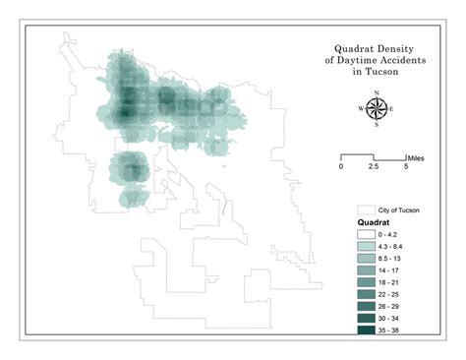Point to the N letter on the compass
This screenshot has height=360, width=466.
pyautogui.click(x=376, y=92)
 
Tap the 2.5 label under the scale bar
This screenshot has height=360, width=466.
pyautogui.click(x=374, y=168)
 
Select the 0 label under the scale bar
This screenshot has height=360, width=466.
pyautogui.click(x=341, y=168)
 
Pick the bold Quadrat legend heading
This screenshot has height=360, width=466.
pyautogui.click(x=371, y=224)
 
